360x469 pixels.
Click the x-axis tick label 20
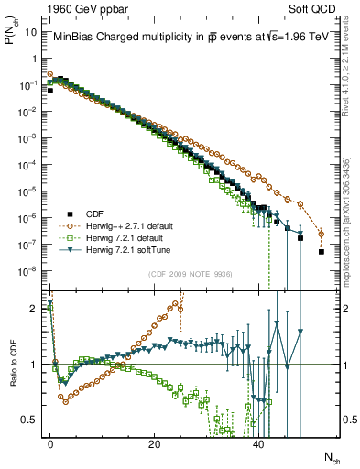(x=154, y=442)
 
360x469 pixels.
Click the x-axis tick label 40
(x=258, y=442)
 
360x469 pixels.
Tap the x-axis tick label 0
(x=50, y=442)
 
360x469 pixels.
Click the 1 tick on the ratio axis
(x=34, y=365)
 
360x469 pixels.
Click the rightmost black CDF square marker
(x=322, y=251)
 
